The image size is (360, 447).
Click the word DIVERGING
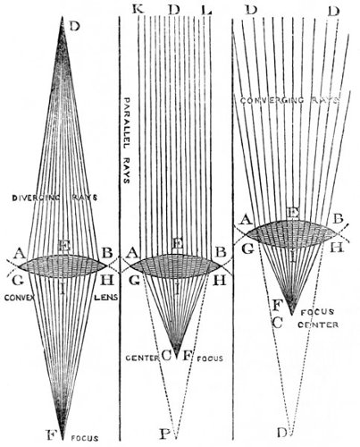[x=36, y=198]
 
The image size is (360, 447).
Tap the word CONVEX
[x=20, y=297]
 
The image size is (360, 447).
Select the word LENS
[x=106, y=297]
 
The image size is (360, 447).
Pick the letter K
[x=138, y=10]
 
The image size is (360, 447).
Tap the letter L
[x=206, y=10]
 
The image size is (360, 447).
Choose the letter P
[x=164, y=434]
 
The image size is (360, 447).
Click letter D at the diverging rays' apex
[x=74, y=27]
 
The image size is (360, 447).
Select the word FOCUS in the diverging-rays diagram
[x=85, y=438]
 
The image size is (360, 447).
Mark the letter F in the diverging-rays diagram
[x=51, y=434]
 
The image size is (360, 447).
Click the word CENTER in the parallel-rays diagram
[x=143, y=358]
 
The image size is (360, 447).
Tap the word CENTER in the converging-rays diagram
[x=318, y=325]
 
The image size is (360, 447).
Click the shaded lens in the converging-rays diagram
[x=292, y=234]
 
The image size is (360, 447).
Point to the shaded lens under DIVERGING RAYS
[x=63, y=266]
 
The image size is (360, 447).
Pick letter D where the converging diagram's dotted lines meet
[x=281, y=433]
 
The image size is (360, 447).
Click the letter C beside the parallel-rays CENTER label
[x=166, y=356]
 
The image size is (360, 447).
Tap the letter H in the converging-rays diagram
[x=337, y=248]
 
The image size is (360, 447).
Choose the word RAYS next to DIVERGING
[x=85, y=198]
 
